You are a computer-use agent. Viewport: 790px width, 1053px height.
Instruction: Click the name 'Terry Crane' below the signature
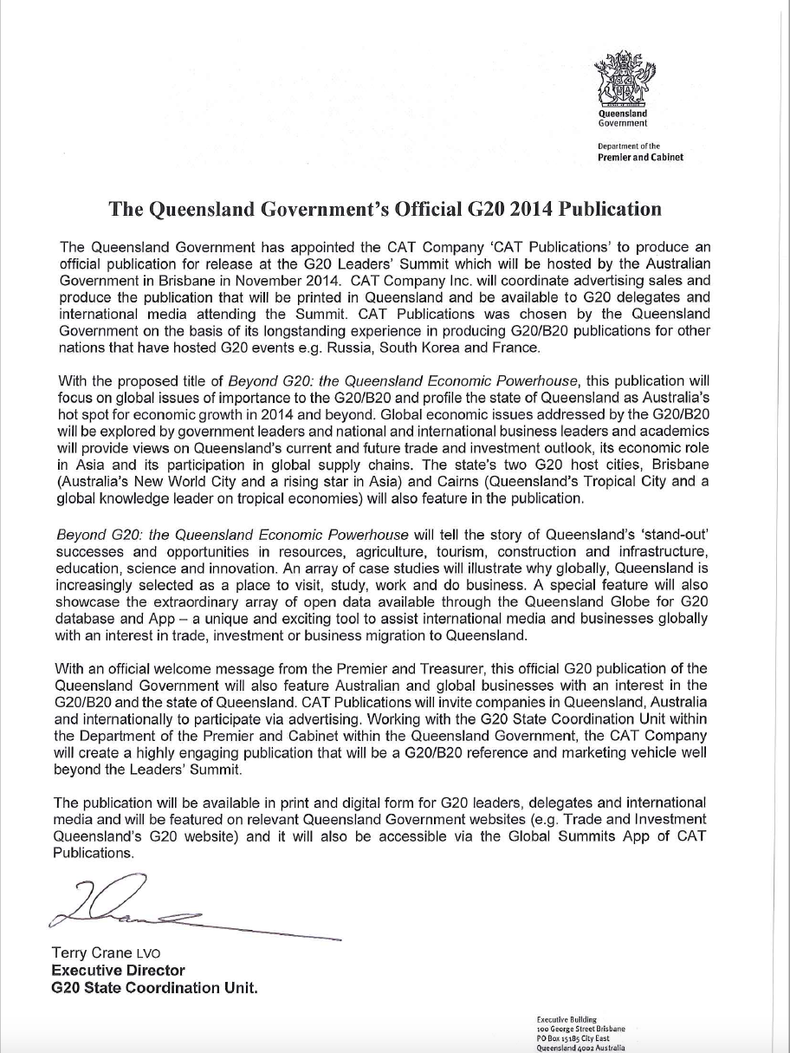pyautogui.click(x=92, y=953)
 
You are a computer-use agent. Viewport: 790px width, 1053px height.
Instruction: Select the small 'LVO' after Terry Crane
pyautogui.click(x=148, y=954)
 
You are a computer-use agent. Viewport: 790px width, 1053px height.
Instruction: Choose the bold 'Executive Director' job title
pyautogui.click(x=118, y=971)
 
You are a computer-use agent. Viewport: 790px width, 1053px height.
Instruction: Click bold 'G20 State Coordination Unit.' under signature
pyautogui.click(x=155, y=988)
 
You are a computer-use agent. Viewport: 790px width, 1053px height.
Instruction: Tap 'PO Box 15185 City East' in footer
pyautogui.click(x=573, y=1037)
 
